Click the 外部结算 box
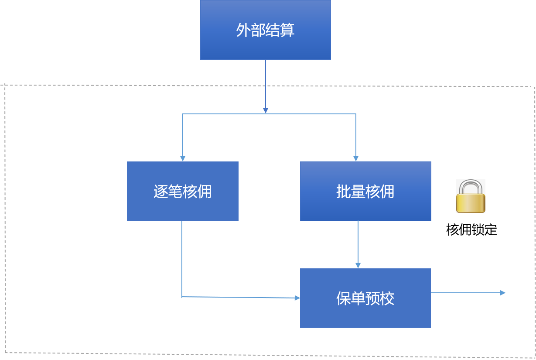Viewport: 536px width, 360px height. (x=265, y=30)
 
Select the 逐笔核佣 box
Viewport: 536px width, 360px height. (x=182, y=191)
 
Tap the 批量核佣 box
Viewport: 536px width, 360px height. (x=365, y=191)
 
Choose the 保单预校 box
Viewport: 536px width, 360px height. (x=365, y=298)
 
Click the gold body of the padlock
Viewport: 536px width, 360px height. (x=471, y=202)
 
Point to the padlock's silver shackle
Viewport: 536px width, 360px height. (x=471, y=185)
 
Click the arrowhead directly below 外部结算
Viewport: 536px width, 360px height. (x=265, y=110)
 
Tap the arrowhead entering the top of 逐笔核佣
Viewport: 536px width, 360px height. (x=183, y=158)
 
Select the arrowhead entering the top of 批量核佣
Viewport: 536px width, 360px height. (x=356, y=158)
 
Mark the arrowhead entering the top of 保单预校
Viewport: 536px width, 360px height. (x=358, y=265)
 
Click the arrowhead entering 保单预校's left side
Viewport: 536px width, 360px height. (x=297, y=298)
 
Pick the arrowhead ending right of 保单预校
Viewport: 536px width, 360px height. (x=503, y=293)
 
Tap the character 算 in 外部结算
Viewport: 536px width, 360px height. (x=288, y=30)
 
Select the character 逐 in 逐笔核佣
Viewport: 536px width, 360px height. (x=160, y=192)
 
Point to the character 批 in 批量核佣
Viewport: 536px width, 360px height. (x=343, y=192)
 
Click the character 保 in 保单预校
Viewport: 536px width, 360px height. (x=343, y=298)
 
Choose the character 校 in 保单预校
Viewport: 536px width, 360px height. (x=387, y=298)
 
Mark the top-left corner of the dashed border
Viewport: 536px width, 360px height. (x=5, y=86)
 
